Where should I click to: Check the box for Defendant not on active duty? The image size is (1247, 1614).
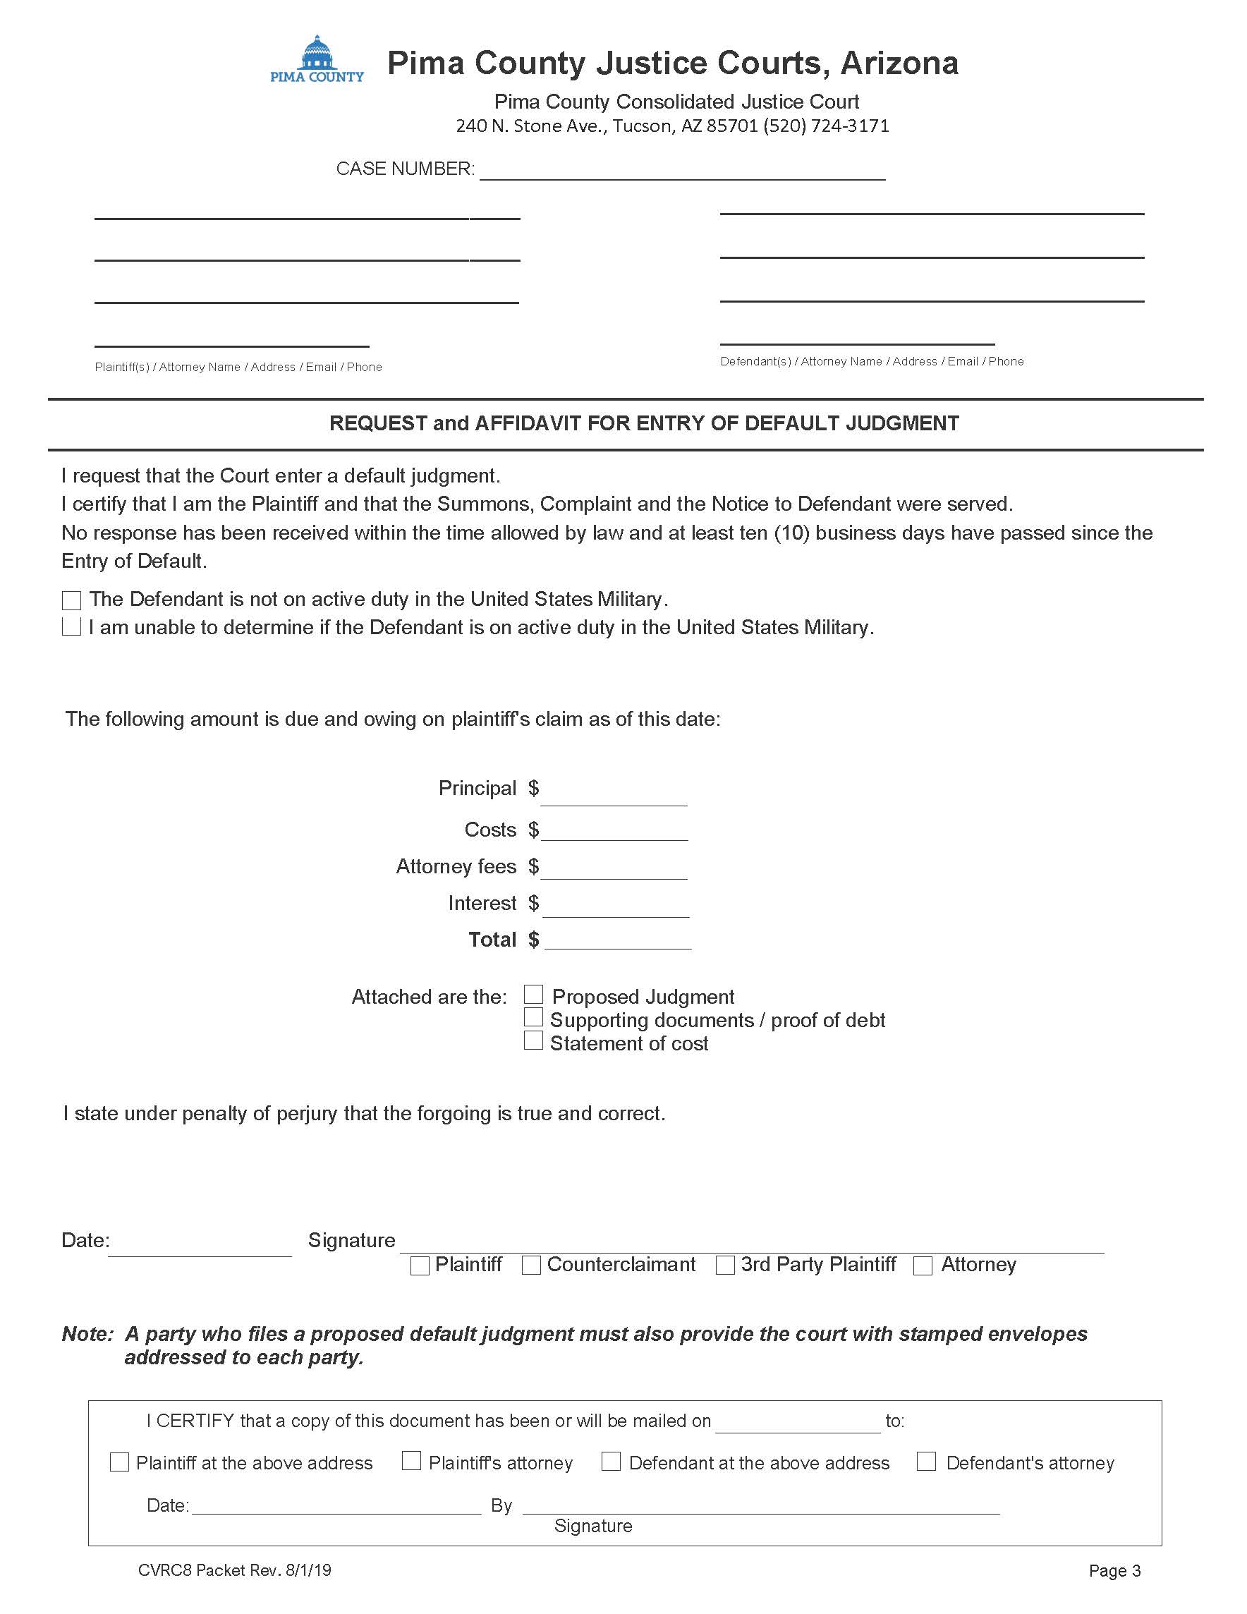click(72, 600)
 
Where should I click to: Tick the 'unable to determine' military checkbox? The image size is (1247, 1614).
click(72, 626)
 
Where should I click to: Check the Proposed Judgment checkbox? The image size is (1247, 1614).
click(533, 995)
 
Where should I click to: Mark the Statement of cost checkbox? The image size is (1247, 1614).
click(533, 1040)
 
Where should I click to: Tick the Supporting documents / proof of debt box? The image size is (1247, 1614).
click(533, 1018)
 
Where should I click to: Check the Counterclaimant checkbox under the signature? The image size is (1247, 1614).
click(531, 1266)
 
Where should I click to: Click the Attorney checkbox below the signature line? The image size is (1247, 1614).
click(923, 1266)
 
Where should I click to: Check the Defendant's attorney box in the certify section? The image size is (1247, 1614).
click(926, 1461)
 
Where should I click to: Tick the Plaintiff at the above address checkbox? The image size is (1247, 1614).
click(120, 1462)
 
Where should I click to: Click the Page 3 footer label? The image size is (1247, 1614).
click(1114, 1571)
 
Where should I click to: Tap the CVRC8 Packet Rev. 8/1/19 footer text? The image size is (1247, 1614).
click(234, 1570)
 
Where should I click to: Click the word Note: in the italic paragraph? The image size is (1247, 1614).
click(88, 1334)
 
